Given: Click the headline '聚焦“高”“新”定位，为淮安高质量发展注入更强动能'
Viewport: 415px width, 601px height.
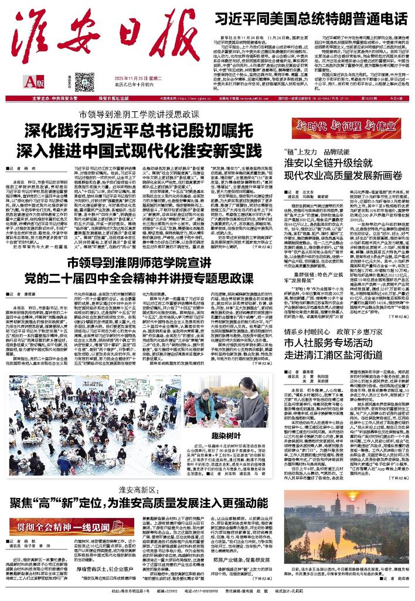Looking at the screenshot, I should click(x=154, y=486).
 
